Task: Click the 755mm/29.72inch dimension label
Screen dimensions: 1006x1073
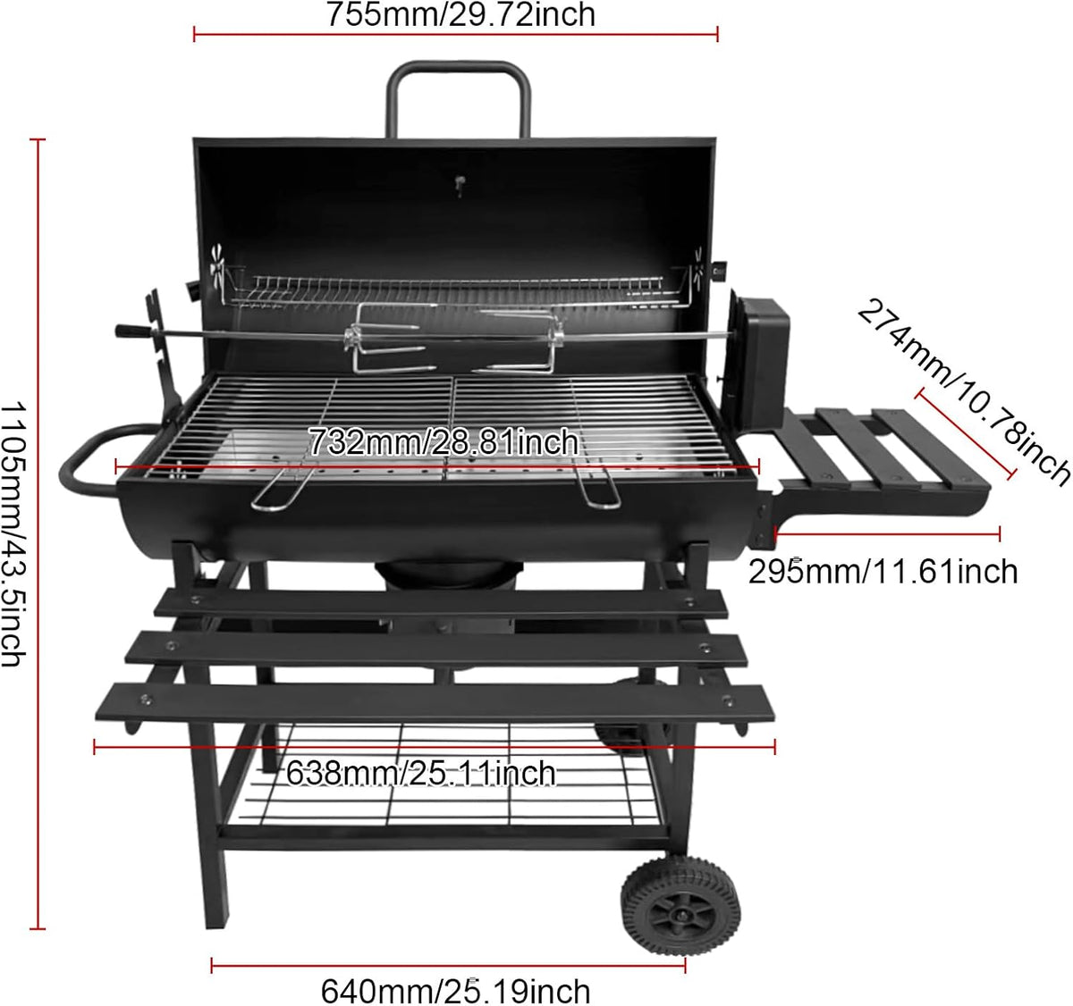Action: tap(460, 14)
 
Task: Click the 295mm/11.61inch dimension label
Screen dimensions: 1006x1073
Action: tap(883, 570)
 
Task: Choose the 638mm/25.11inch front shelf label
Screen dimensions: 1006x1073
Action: tap(420, 773)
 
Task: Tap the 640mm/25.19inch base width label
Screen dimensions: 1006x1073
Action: tap(455, 991)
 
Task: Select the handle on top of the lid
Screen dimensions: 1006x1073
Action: tap(459, 71)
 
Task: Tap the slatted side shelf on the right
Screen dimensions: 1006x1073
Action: tap(881, 451)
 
